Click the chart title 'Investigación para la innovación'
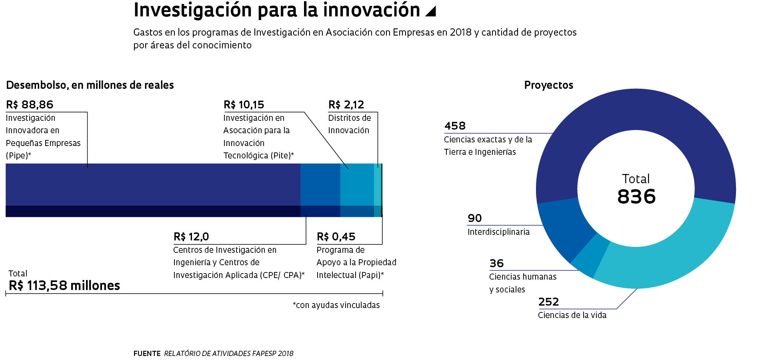tap(276, 10)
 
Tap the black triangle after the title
tap(431, 11)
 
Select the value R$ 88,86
tap(30, 105)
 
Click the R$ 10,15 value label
tap(244, 105)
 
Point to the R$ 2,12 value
tap(346, 105)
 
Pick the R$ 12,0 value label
tap(191, 237)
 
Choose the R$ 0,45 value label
tap(336, 237)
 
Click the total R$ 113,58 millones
tap(64, 286)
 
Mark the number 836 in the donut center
tap(636, 197)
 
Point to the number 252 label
tap(548, 302)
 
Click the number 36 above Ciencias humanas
tap(496, 264)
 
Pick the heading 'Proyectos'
tap(548, 85)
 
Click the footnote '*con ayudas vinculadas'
tap(336, 305)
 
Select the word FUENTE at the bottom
tap(147, 354)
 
